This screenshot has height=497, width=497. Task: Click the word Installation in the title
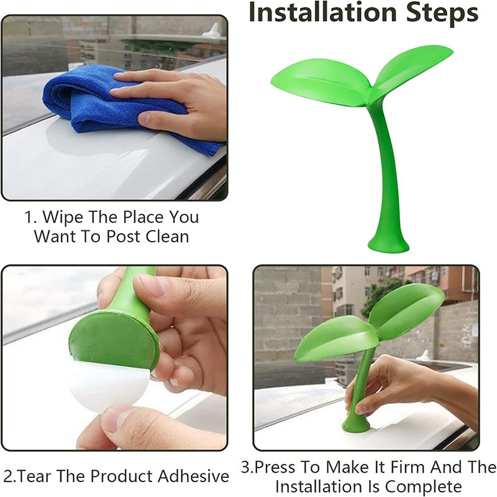[322, 12]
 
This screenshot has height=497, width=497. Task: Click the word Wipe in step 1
[63, 217]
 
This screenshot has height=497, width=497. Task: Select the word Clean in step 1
[167, 237]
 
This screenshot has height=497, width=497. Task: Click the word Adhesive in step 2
[193, 476]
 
